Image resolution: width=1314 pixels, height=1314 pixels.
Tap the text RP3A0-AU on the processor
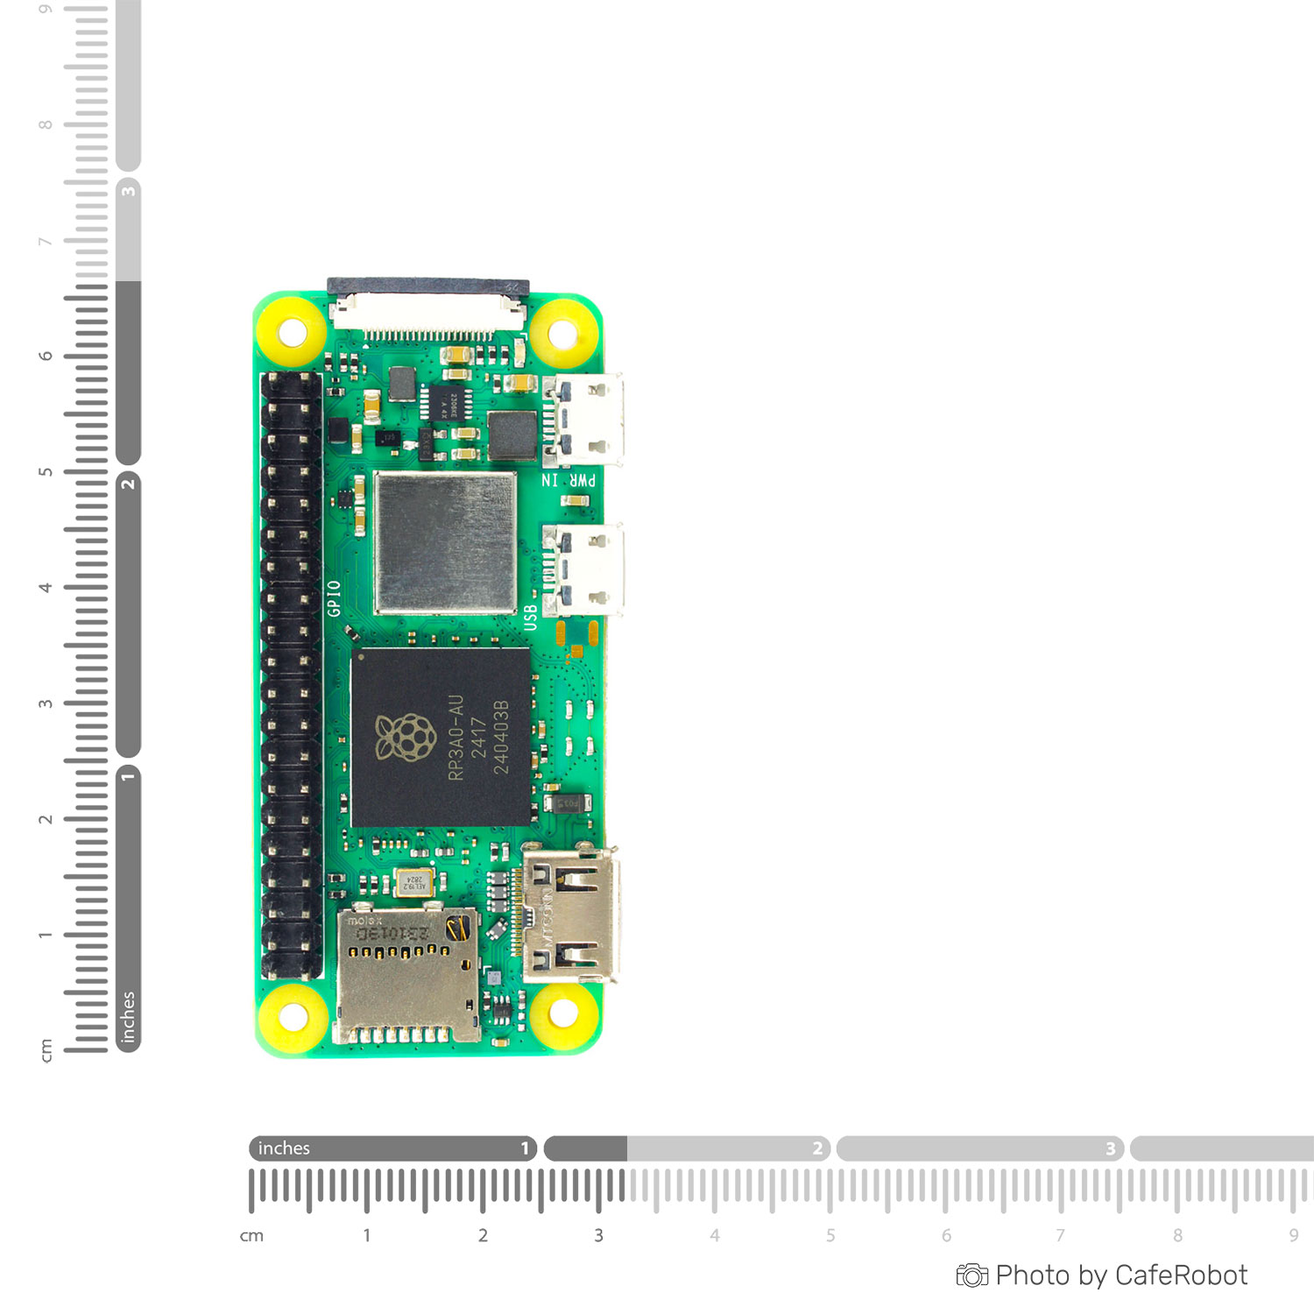456,738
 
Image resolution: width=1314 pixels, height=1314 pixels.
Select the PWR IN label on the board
569,480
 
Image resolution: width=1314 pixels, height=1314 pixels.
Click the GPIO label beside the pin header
334,598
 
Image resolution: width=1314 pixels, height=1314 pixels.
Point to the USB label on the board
530,617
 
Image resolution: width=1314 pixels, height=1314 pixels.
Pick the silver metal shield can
445,543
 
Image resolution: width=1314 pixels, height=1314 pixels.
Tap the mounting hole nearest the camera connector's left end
292,333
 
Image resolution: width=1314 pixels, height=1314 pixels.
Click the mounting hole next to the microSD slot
293,1017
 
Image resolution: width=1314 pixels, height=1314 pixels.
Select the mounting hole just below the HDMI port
562,1014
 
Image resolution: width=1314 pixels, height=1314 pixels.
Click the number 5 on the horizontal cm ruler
830,1235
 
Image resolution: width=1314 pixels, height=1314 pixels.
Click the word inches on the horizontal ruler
284,1148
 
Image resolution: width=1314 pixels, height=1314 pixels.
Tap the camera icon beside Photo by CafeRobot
971,1275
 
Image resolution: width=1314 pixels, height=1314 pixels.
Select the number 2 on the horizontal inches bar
817,1148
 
